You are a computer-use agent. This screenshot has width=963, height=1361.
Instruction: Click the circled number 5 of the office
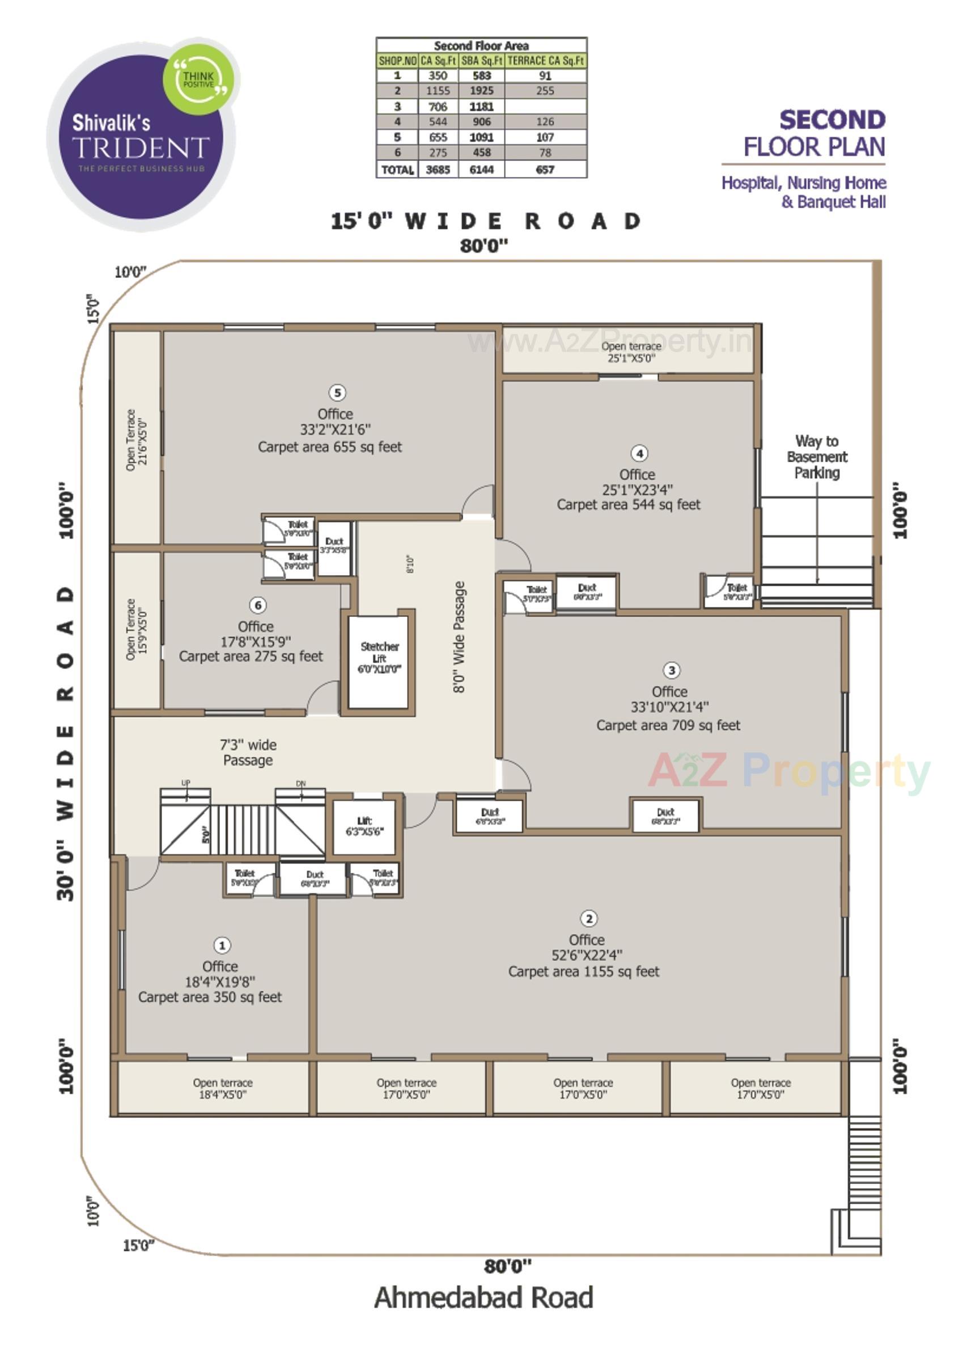(x=337, y=393)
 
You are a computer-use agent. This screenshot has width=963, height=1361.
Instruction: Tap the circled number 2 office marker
(x=588, y=919)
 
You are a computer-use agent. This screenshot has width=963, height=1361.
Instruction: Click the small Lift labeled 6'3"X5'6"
(x=364, y=826)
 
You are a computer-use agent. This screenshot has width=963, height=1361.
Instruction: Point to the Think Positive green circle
(x=198, y=79)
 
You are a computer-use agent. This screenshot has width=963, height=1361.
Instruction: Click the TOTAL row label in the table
(x=397, y=170)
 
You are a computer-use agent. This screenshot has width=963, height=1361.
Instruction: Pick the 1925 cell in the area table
(x=482, y=91)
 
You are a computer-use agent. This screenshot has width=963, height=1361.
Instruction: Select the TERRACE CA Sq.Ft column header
(x=545, y=61)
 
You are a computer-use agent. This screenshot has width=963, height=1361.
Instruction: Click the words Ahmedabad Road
(x=483, y=1297)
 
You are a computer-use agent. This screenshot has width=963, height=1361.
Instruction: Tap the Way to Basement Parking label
(x=817, y=457)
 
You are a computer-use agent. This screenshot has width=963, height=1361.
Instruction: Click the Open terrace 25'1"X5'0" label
(x=631, y=352)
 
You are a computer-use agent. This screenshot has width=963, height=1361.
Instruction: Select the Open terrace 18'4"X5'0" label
(x=222, y=1089)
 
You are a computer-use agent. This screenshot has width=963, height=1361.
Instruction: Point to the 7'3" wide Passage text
(x=248, y=753)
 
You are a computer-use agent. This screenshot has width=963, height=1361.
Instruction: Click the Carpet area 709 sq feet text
(x=668, y=725)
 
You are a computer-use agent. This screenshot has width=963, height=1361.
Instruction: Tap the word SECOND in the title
(x=832, y=120)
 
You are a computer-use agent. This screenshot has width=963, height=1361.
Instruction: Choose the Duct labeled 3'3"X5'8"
(x=334, y=547)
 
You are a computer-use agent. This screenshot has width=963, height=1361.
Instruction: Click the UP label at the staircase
(x=185, y=783)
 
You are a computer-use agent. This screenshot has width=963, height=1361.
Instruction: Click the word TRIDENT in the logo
(x=141, y=147)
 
